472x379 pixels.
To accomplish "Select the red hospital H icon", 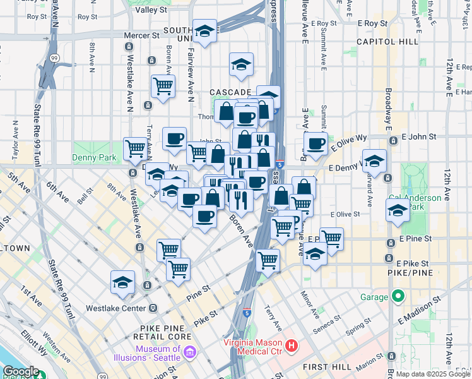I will click(x=291, y=346).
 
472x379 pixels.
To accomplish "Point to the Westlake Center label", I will click(x=122, y=308).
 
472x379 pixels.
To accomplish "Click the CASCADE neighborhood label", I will click(x=231, y=92).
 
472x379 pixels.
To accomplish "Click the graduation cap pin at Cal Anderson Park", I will click(x=398, y=211).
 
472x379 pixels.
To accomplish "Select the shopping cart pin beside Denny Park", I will click(x=135, y=148).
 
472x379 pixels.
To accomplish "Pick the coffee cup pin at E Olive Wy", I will click(x=316, y=143).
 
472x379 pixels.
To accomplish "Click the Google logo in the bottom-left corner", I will click(x=20, y=371).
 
